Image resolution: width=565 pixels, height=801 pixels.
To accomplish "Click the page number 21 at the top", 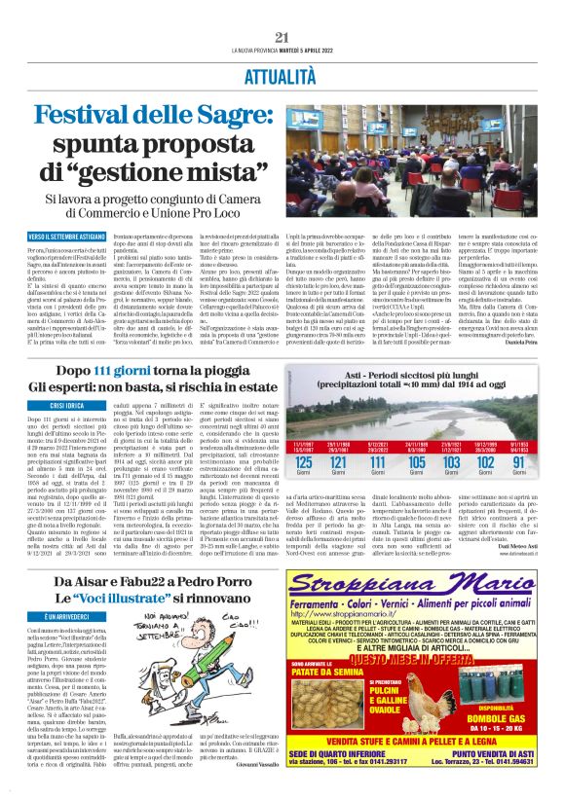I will (x=282, y=37).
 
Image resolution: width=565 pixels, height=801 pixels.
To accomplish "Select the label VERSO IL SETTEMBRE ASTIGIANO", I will (x=67, y=236).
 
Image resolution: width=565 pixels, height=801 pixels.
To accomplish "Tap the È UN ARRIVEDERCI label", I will (x=59, y=617).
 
